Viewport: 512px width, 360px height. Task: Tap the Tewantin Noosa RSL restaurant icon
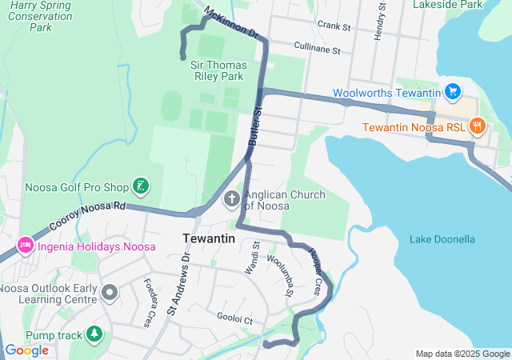point(478,126)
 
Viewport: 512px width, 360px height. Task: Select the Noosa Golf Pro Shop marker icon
point(141,187)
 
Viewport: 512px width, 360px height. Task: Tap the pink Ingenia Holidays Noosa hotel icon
point(25,242)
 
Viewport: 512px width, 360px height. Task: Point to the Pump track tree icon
point(94,333)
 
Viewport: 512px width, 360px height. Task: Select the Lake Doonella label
point(442,239)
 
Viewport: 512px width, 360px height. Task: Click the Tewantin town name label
point(209,238)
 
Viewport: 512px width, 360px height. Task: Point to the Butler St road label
point(254,126)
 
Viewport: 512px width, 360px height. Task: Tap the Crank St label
point(334,26)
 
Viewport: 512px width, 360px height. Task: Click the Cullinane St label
point(317,50)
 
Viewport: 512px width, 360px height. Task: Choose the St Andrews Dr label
point(178,281)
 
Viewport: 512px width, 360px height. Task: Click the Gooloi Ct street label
point(234,318)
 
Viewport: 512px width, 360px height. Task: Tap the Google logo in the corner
point(27,350)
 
